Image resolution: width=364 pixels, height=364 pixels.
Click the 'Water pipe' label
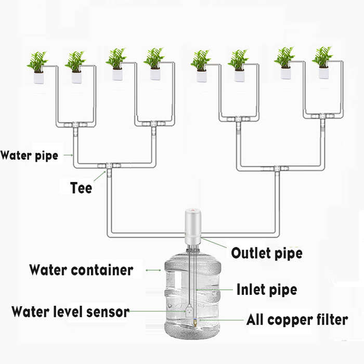click(29, 155)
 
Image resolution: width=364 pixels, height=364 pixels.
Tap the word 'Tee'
click(81, 188)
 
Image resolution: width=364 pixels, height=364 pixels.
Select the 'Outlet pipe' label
click(267, 253)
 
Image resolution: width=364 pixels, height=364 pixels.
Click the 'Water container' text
click(81, 270)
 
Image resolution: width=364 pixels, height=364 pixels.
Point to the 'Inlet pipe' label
click(267, 290)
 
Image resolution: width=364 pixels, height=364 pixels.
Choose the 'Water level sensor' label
click(70, 311)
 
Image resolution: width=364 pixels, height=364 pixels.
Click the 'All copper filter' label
click(297, 320)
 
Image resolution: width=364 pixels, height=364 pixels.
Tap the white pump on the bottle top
click(193, 227)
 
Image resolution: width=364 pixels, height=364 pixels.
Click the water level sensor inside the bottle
click(189, 311)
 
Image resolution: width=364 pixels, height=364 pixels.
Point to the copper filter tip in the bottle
click(195, 322)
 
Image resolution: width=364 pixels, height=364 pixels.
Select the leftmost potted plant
click(38, 68)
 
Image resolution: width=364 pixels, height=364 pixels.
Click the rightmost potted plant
click(323, 63)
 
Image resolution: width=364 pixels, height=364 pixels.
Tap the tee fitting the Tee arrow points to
click(109, 166)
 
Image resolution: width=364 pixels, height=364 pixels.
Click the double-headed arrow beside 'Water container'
click(153, 270)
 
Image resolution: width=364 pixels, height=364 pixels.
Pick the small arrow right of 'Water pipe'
click(69, 155)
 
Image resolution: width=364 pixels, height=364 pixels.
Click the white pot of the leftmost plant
click(39, 78)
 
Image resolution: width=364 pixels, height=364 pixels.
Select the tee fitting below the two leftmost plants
click(75, 125)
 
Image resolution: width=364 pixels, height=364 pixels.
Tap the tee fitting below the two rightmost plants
click(322, 116)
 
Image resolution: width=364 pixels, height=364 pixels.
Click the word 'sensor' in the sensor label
click(108, 312)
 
